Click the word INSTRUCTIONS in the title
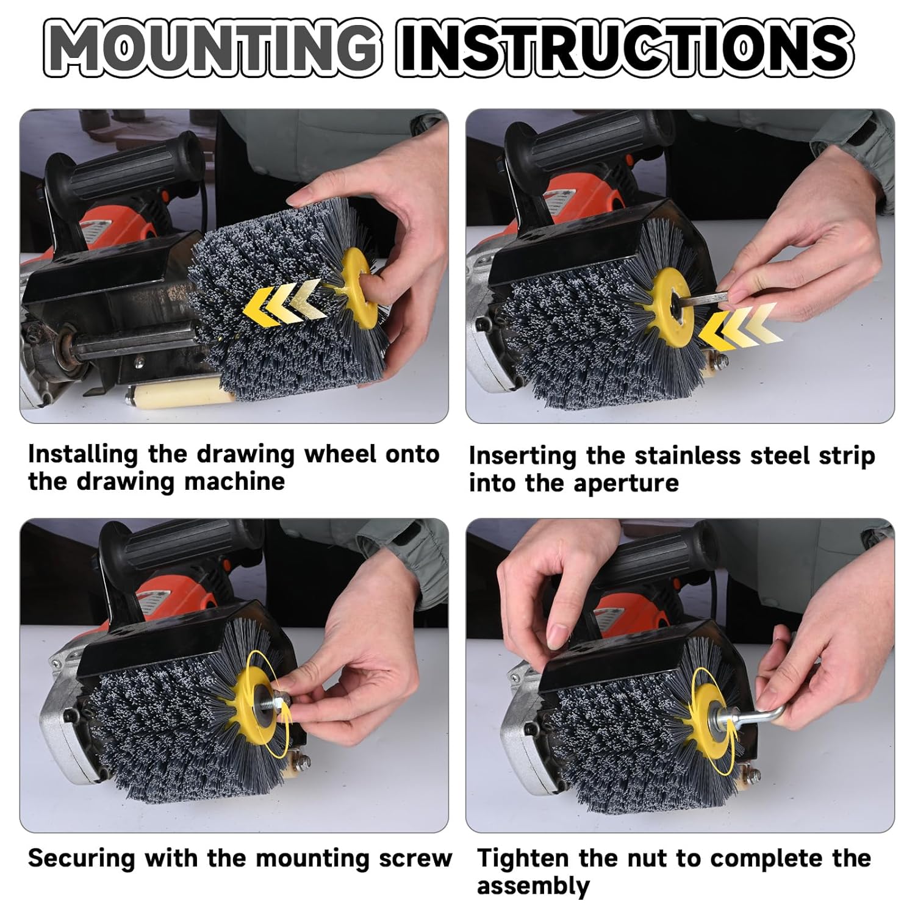pos(625,47)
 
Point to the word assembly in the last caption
pos(533,886)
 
